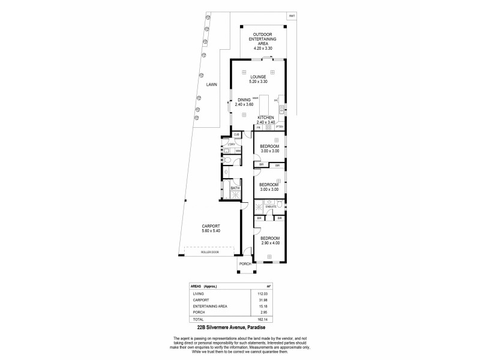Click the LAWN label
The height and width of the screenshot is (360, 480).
coord(212,85)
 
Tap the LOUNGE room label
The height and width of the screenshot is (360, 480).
coord(259,76)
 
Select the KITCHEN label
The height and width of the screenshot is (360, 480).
coord(266,117)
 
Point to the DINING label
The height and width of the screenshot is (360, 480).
coord(243,100)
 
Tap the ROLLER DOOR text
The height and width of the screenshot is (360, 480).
coord(211,253)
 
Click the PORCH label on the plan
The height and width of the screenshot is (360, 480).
coord(245,264)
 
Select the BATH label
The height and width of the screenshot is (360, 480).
coord(235,188)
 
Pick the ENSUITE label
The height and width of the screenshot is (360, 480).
coord(270,207)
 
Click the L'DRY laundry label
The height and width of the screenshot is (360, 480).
coord(232,145)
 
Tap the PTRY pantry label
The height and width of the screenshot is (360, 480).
coord(279,127)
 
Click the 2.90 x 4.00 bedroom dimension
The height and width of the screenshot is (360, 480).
coord(270,243)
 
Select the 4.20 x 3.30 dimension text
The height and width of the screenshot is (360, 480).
coord(262,47)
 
